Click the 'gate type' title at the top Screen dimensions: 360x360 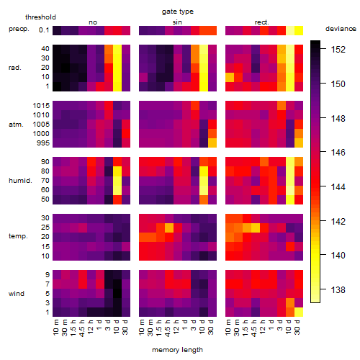tap(178, 12)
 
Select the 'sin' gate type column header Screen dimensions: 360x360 tap(177, 22)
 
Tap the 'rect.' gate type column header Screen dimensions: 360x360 tap(262, 22)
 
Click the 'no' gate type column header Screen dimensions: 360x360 tap(93, 22)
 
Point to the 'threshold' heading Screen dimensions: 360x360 tap(40, 17)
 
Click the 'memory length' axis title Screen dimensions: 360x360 tap(178, 350)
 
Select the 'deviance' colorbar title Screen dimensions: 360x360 tap(341, 29)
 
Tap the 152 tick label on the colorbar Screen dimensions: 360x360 tap(338, 50)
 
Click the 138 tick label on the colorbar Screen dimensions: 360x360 tap(338, 290)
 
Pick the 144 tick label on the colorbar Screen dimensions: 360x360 tap(338, 186)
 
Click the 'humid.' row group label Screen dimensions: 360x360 tap(20, 181)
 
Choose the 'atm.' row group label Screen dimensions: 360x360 tap(16, 125)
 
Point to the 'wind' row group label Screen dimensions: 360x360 tap(17, 294)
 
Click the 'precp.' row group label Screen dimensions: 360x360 tap(19, 29)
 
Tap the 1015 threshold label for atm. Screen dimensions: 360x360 tap(41, 106)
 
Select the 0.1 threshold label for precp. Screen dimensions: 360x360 tap(44, 30)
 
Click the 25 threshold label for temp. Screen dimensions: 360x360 tap(45, 227)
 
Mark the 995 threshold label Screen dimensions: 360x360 tap(43, 143)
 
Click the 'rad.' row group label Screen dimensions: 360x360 tap(15, 68)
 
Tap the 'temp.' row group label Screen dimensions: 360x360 tap(18, 236)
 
